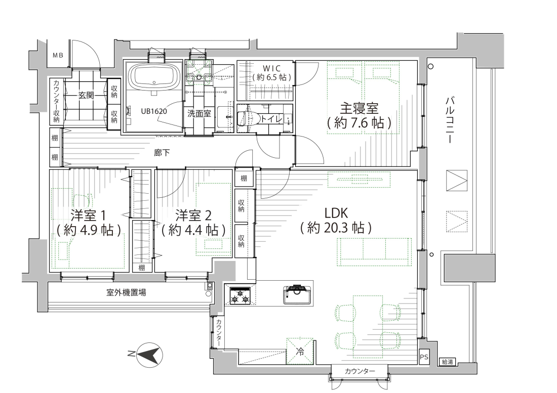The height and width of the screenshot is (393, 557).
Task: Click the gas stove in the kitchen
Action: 240,295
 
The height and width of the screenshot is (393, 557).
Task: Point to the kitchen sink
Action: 298,294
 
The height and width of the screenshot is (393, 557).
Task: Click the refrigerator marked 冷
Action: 300,351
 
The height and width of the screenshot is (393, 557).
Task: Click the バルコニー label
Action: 450,119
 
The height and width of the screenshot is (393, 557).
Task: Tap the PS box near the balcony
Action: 424,357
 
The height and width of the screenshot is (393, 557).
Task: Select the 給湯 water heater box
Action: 447,362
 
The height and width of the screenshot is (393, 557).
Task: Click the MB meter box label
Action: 58,55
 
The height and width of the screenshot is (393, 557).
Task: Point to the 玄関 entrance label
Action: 86,95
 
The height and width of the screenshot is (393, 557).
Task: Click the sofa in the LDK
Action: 374,251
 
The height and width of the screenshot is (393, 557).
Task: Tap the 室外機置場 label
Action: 126,293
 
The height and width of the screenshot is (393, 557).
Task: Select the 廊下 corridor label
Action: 162,153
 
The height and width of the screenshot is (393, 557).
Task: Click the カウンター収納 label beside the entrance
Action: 57,101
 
